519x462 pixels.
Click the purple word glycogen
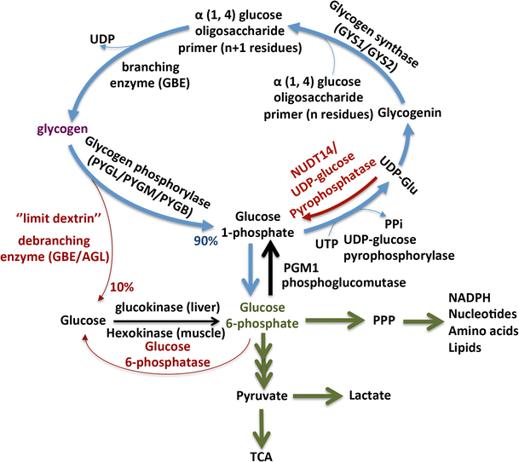click(x=62, y=129)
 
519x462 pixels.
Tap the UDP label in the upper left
click(x=102, y=39)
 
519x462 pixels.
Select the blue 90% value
click(x=205, y=241)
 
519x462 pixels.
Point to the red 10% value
click(x=122, y=286)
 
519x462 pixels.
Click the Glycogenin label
click(x=409, y=113)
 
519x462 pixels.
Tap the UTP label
click(x=326, y=244)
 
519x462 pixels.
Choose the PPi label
click(x=394, y=224)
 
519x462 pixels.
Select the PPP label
click(x=384, y=321)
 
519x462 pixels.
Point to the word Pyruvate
click(x=262, y=396)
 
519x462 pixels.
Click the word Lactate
click(x=370, y=396)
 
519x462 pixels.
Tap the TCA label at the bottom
click(x=262, y=456)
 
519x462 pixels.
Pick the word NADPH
click(x=470, y=297)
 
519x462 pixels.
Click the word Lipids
click(x=464, y=348)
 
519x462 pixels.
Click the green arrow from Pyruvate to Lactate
click(x=317, y=396)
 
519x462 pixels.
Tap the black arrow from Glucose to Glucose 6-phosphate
click(x=166, y=321)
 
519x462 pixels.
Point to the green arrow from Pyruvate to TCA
click(x=262, y=430)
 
